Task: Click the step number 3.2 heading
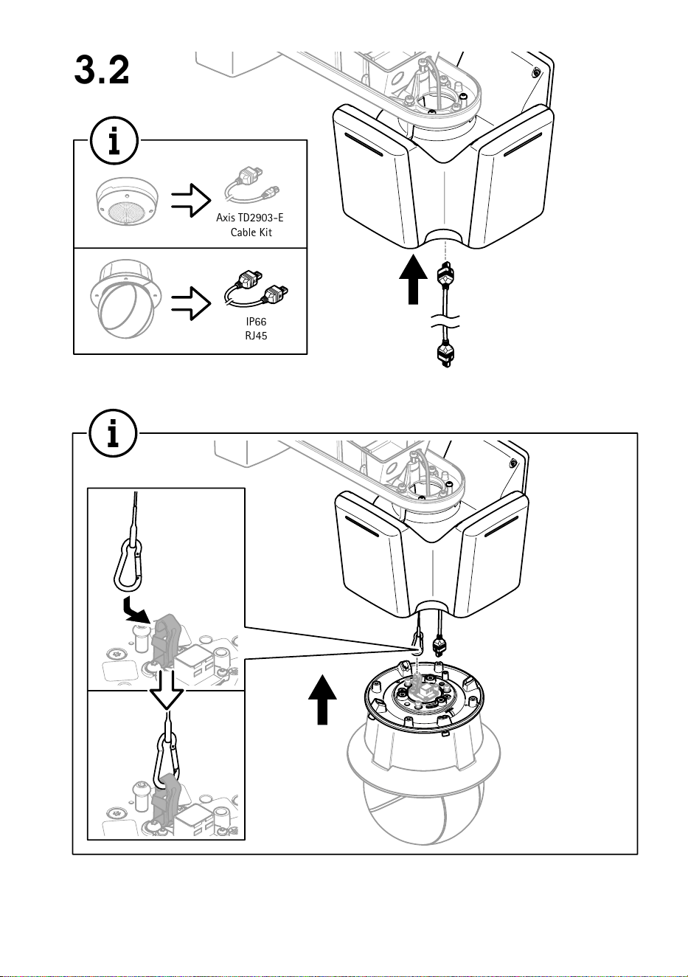(x=102, y=70)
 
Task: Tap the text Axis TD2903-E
(x=250, y=218)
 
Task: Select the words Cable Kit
(x=251, y=232)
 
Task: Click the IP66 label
(x=256, y=322)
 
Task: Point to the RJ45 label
(x=256, y=336)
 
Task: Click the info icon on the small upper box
(x=114, y=141)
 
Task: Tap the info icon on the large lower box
(x=114, y=433)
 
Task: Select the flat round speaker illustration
(x=128, y=202)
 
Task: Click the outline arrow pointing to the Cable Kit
(x=191, y=200)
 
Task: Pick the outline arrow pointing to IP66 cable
(x=191, y=303)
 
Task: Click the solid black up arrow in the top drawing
(x=414, y=280)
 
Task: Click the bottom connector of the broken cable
(x=445, y=353)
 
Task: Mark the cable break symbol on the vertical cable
(x=445, y=322)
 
